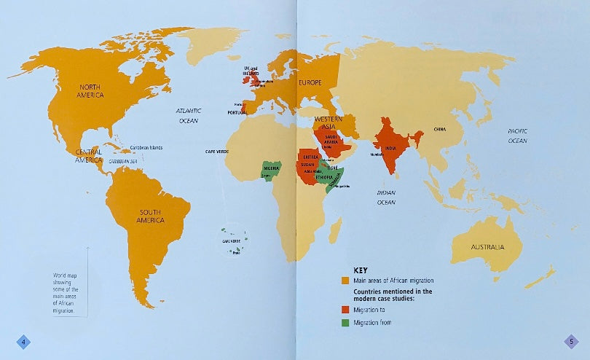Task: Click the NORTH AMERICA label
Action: pyautogui.click(x=90, y=91)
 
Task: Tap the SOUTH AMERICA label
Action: pyautogui.click(x=152, y=216)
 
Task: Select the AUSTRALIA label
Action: pyautogui.click(x=487, y=247)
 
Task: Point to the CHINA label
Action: pyautogui.click(x=439, y=129)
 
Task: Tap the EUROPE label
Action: pyautogui.click(x=310, y=83)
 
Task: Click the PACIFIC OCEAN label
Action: pyautogui.click(x=517, y=135)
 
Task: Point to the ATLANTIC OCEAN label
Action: pyautogui.click(x=188, y=116)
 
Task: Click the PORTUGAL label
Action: pyautogui.click(x=237, y=112)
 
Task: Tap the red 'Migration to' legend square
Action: pyautogui.click(x=345, y=310)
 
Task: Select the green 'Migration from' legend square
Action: pyautogui.click(x=345, y=322)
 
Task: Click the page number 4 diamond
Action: pyautogui.click(x=24, y=342)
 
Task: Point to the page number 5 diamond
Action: pyautogui.click(x=573, y=342)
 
